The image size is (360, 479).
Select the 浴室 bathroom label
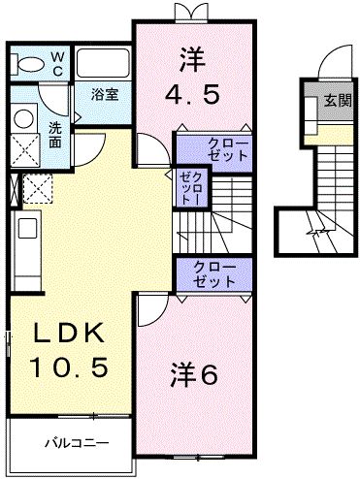pyautogui.click(x=105, y=95)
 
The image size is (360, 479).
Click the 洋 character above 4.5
pyautogui.click(x=190, y=60)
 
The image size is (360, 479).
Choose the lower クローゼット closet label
pyautogui.click(x=214, y=274)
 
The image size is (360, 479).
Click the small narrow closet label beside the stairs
pyautogui.click(x=186, y=186)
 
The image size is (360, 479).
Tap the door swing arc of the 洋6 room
pyautogui.click(x=150, y=312)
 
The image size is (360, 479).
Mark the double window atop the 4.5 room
pyautogui.click(x=187, y=11)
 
